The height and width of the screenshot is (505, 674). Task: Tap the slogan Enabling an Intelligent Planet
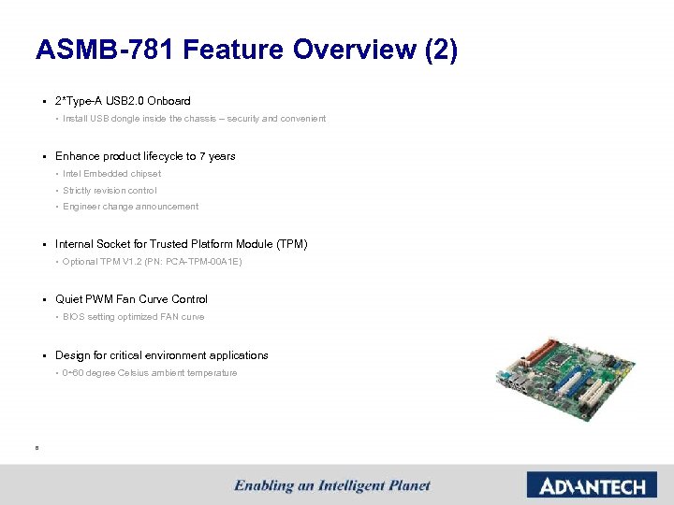point(332,485)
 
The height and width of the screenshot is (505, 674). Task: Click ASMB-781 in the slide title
point(104,50)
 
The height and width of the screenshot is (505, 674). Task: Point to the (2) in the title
point(441,50)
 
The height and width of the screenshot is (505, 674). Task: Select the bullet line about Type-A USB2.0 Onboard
point(123,101)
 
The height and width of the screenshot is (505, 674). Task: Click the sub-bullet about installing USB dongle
point(194,119)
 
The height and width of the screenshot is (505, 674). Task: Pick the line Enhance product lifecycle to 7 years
point(145,156)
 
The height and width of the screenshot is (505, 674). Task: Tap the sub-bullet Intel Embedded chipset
point(111,174)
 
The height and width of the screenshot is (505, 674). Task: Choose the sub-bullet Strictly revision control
point(110,191)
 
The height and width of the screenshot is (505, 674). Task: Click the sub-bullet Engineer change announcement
point(130,207)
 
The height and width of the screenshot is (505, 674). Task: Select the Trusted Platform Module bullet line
point(181,244)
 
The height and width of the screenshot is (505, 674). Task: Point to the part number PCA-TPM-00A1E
point(201,262)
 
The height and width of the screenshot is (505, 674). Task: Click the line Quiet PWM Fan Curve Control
point(131,299)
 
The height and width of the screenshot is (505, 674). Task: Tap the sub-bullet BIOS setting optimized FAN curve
point(133,317)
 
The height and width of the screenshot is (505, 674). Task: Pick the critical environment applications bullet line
point(161,355)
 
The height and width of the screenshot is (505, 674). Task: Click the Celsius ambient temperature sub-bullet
point(150,373)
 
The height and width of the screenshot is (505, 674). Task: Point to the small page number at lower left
point(36,448)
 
